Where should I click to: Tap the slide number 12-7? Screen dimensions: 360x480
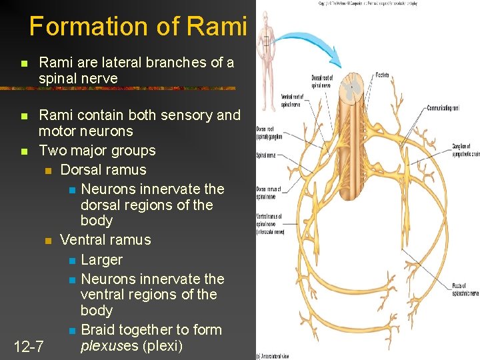29,347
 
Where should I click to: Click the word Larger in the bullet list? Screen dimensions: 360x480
101,259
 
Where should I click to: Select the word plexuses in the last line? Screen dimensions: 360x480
108,346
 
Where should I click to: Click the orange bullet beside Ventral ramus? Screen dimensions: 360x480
47,241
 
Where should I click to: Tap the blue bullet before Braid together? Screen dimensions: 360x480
72,331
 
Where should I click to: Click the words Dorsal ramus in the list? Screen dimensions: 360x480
103,169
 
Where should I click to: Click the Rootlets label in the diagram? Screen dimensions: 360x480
383,75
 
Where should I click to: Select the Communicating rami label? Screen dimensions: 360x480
441,107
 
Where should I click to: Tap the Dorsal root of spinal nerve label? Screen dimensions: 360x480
321,81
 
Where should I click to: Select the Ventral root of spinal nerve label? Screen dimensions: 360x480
291,101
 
